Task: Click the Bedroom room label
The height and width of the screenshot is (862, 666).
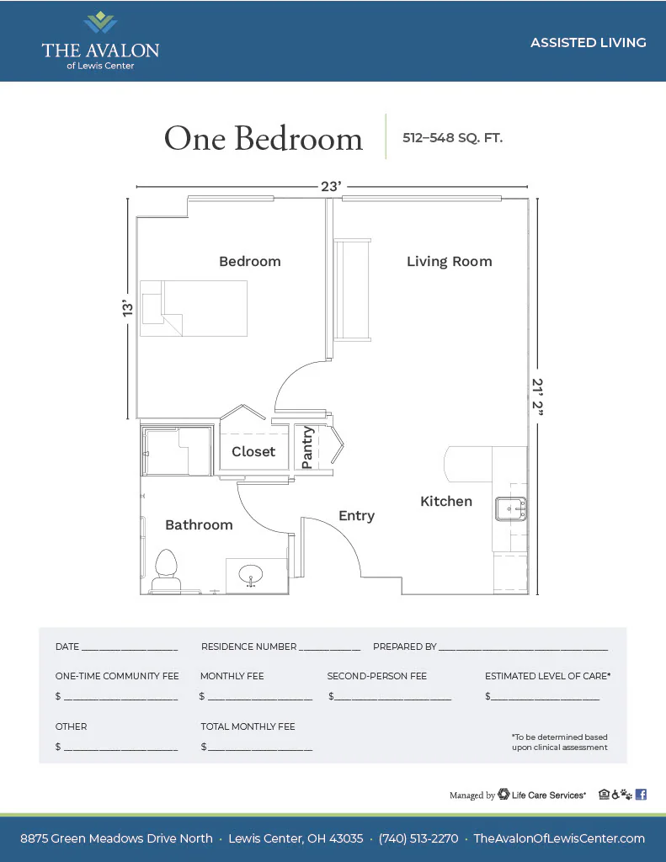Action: click(250, 261)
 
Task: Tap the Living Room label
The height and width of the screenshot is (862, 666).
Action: click(450, 262)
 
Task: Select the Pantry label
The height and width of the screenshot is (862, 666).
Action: click(307, 448)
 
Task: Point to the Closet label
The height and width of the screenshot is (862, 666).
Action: click(253, 451)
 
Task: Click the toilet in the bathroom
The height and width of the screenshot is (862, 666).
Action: click(166, 572)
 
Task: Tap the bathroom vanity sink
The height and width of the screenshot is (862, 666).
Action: click(251, 576)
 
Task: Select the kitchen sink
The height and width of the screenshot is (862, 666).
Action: click(511, 508)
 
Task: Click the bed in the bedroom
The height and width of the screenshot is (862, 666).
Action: click(194, 308)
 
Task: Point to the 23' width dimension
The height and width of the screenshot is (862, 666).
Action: click(331, 186)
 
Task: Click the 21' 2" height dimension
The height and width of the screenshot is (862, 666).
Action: click(537, 396)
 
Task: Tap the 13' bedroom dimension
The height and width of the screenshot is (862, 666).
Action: click(128, 308)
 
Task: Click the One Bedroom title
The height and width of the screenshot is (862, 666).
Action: click(264, 138)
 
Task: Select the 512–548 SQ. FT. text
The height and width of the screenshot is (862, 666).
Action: click(453, 137)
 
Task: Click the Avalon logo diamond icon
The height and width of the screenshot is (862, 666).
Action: click(100, 23)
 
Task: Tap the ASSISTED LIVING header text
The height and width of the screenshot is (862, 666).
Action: click(589, 42)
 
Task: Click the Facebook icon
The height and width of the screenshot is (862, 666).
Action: click(641, 795)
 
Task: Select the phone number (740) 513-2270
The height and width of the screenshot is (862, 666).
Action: click(418, 838)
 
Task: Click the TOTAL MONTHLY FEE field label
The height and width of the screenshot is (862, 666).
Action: click(248, 726)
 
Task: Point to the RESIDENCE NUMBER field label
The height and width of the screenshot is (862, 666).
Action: click(248, 646)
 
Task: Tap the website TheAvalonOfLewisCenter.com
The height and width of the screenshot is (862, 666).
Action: click(559, 838)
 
